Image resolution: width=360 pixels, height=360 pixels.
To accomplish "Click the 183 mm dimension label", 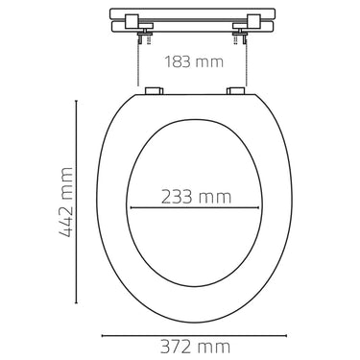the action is tap(194, 61).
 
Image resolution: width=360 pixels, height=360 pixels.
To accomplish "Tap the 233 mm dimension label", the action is tap(196, 197).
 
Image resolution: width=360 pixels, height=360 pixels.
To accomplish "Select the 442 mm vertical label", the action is tap(66, 202).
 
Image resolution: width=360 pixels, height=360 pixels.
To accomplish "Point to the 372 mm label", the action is tap(195, 347).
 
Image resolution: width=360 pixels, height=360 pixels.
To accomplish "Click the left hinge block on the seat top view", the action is tap(154, 91).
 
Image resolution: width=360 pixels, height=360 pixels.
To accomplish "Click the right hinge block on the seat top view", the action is tap(236, 91).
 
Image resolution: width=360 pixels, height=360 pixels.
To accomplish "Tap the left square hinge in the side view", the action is tap(132, 21).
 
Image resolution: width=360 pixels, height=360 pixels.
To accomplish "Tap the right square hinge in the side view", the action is tap(253, 21).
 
